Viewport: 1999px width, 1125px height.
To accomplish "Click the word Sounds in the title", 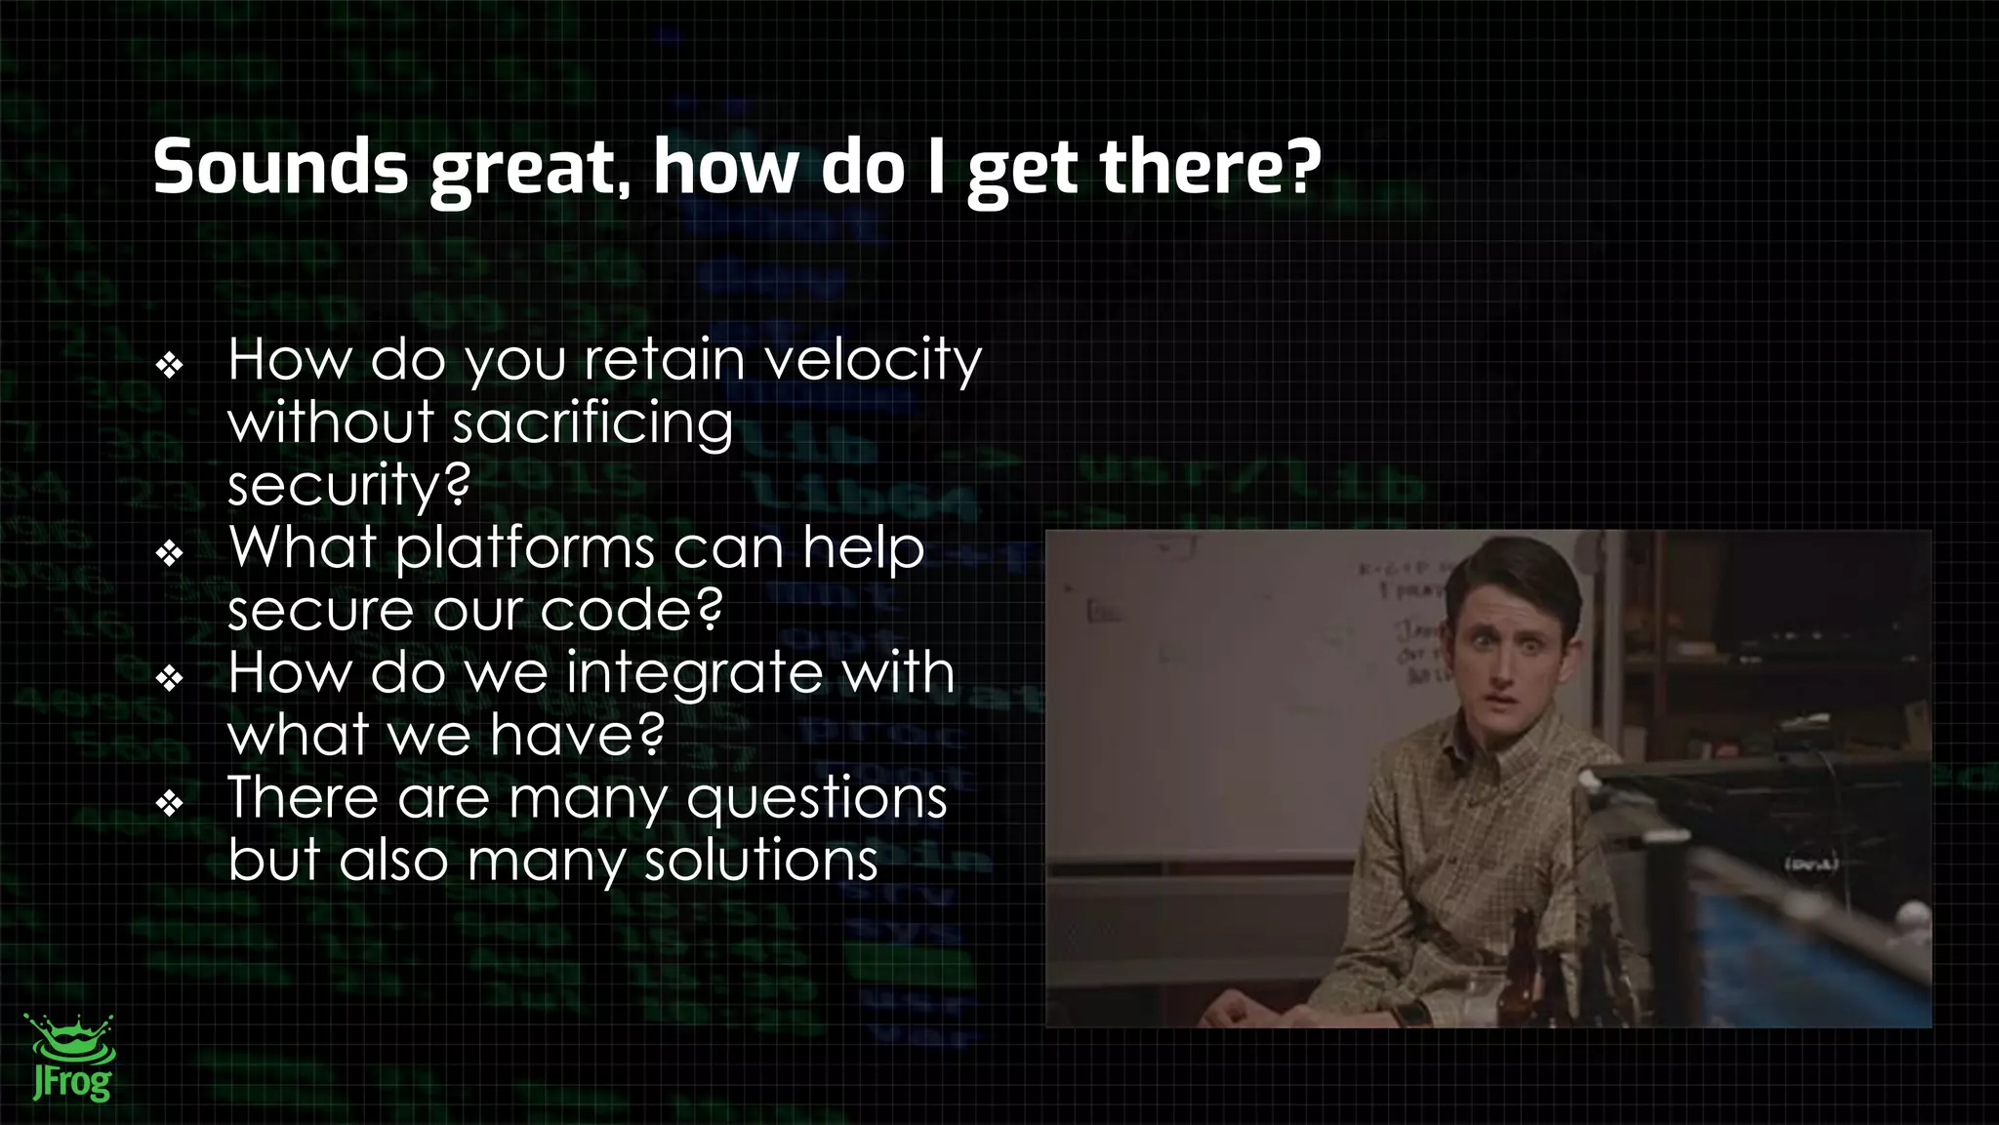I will (280, 167).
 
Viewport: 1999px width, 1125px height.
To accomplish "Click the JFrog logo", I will (70, 1059).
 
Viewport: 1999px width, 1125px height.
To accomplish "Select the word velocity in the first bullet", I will (872, 361).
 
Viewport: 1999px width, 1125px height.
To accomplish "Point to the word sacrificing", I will (592, 424).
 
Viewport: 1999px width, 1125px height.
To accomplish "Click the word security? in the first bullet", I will (348, 485).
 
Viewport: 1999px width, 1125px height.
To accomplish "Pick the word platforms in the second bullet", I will (525, 548).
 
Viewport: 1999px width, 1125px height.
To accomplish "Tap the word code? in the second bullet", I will (632, 611).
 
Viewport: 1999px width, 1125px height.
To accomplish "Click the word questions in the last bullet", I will (817, 798).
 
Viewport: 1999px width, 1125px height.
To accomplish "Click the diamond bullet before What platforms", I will (170, 553).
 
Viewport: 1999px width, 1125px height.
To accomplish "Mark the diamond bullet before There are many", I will (170, 804).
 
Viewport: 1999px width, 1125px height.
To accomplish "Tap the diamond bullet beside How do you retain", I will (170, 366).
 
